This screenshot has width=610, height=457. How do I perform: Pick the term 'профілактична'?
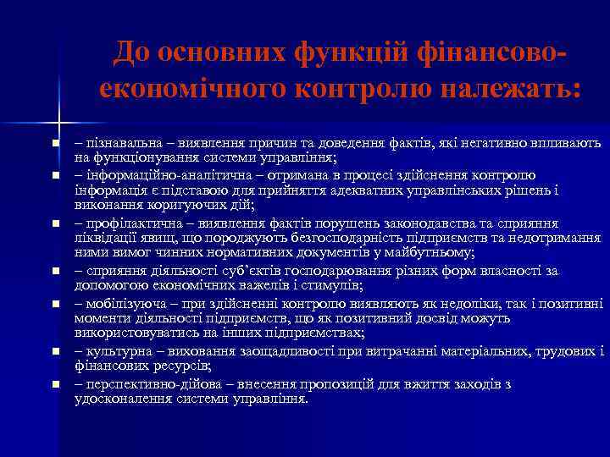(x=129, y=223)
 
